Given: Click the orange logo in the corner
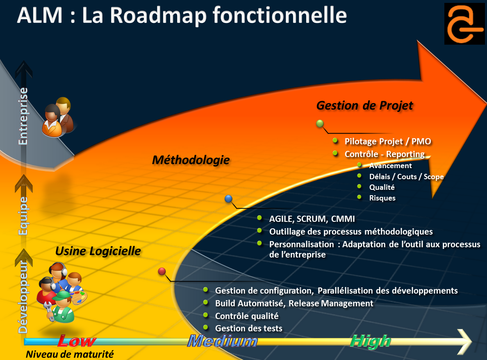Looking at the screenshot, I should (464, 23).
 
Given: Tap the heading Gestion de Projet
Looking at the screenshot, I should (364, 105).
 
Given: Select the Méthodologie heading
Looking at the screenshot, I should (191, 160).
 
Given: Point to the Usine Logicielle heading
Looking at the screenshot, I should (98, 251).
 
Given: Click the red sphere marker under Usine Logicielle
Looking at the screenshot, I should (162, 271).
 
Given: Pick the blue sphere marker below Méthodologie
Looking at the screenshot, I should (229, 199).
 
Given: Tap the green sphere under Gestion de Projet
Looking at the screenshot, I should (320, 123).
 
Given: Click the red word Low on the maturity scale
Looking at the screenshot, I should (77, 341).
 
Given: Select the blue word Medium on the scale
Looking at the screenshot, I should (223, 341).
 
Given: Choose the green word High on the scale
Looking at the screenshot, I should (371, 341).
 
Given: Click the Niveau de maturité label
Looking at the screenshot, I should (70, 354).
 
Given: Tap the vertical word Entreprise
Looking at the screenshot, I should (24, 116).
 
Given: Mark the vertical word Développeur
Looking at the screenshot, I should (23, 296).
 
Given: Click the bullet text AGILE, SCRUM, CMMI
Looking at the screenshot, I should (312, 219).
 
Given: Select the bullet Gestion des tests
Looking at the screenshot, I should (248, 328).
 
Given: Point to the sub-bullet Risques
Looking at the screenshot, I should (382, 198).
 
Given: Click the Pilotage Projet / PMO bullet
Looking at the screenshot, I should (388, 141).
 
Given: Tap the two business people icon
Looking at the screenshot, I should (58, 117).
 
